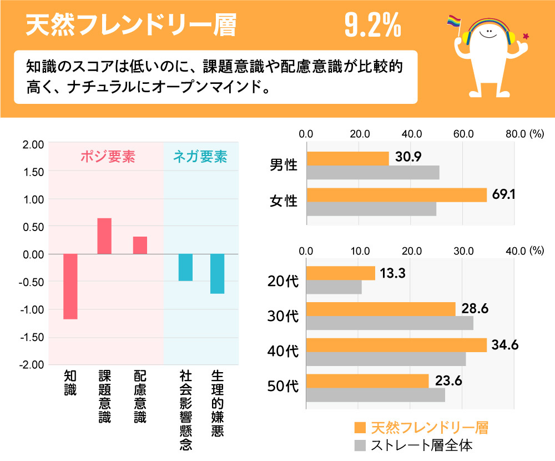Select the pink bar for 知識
[70, 287]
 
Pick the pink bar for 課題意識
[104, 236]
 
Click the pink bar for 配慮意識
[140, 245]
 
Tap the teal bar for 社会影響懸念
[185, 267]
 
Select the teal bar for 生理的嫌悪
[217, 273]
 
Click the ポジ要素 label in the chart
[108, 157]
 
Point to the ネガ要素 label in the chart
[200, 157]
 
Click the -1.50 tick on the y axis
[32, 337]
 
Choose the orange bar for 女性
[396, 195]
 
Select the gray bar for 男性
[372, 173]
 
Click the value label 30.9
[408, 157]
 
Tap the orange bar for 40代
[396, 345]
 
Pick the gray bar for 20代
[334, 287]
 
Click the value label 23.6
[449, 381]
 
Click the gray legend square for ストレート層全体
[360, 445]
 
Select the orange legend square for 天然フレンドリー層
[360, 428]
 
